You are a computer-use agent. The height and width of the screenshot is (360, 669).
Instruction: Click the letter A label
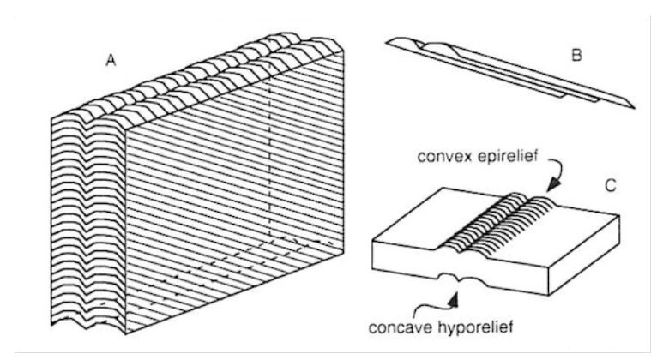coord(111,61)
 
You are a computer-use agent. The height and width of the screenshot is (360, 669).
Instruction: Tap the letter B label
coord(576,55)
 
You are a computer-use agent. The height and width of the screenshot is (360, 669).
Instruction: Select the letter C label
coord(611,185)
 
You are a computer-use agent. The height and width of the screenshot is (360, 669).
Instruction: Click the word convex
coord(445,157)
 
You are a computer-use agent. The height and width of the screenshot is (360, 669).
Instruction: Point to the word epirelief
coord(507,157)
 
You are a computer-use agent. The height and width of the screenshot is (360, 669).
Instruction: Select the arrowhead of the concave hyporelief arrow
coord(454,299)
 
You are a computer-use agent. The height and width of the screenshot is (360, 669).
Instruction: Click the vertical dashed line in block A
coord(269,149)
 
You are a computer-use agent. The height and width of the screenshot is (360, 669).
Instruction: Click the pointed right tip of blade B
coord(633,106)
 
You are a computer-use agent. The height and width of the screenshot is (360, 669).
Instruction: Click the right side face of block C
coord(584,255)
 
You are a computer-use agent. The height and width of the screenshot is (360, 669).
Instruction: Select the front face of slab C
coord(460,269)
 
